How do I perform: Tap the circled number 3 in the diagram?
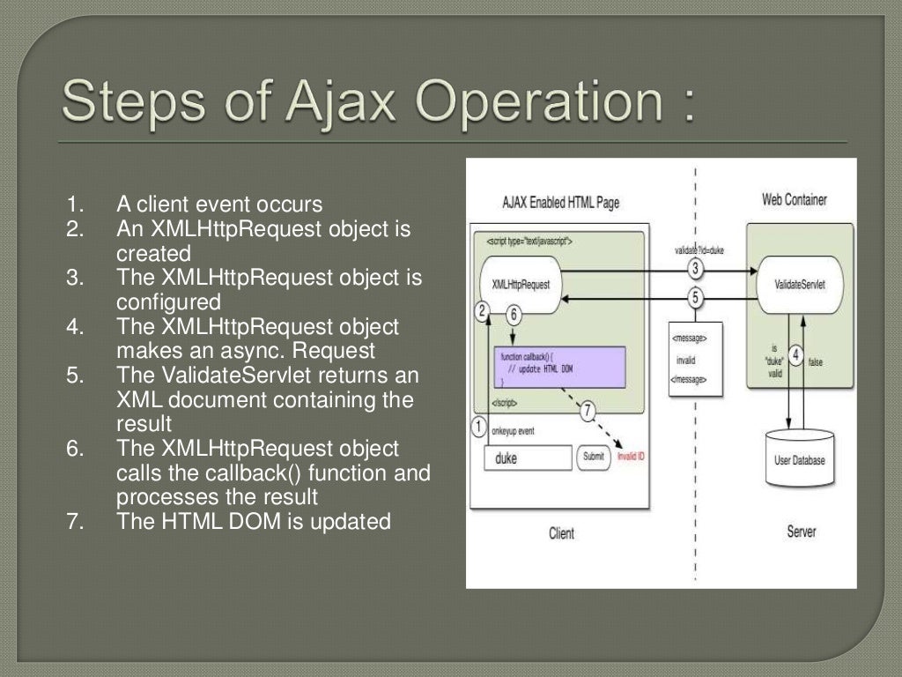tap(696, 268)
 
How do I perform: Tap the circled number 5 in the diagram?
tap(696, 298)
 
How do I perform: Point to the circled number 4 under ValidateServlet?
tap(795, 355)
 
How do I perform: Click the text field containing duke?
tap(528, 458)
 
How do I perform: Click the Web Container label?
tap(794, 200)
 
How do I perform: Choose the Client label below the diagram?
tap(561, 533)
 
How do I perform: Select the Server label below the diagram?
tap(801, 532)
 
